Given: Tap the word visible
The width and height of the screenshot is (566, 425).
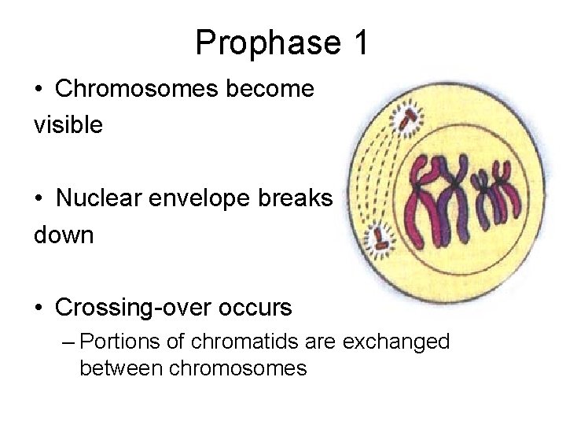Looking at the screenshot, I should coord(68,125).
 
